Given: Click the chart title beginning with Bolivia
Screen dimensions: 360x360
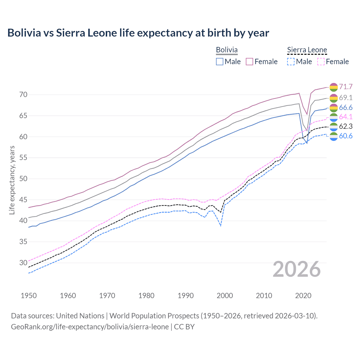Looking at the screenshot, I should pos(138,33).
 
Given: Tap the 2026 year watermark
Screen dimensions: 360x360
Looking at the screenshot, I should pos(297,269).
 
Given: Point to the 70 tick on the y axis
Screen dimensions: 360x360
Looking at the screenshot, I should pos(23,94).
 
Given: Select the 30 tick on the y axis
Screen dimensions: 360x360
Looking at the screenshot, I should pos(23,263).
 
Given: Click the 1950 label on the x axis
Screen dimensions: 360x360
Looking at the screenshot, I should pos(29,296).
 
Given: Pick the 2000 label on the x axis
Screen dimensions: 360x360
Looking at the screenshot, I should pos(225,296).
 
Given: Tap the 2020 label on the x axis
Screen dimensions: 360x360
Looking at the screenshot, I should pos(303,296).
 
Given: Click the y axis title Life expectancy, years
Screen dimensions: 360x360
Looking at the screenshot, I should pos(12,180).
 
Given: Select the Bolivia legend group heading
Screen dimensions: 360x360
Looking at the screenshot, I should pos(227,50).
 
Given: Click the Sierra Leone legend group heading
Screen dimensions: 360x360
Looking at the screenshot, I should pos(307,50).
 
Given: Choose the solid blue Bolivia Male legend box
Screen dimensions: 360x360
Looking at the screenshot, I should pos(220,62).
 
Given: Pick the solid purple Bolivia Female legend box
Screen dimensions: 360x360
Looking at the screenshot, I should pos(249,62).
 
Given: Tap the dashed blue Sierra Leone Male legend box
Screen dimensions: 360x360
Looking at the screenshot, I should pos(291,62).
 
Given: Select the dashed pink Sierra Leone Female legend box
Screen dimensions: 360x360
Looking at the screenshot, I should pos(321,62).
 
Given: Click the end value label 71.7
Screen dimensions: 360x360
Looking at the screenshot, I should pos(346,87).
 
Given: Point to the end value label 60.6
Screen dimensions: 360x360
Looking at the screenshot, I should pos(346,136).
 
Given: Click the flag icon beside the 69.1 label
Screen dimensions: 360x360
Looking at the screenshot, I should pos(333,98).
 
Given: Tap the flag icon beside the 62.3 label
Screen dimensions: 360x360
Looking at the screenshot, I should pos(333,127).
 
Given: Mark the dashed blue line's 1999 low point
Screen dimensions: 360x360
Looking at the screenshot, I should pos(221,226).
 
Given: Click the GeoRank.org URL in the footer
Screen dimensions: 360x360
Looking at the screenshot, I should pos(90,327).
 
